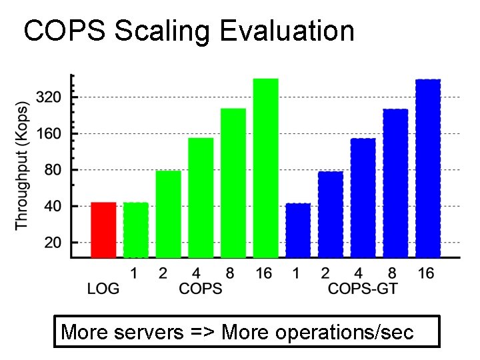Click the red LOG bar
(x=103, y=229)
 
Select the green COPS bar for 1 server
(x=136, y=229)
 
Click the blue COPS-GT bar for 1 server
(x=298, y=230)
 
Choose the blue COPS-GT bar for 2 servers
(x=331, y=214)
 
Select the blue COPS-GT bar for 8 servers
(x=395, y=183)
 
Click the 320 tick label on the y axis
(x=48, y=97)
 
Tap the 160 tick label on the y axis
(x=48, y=134)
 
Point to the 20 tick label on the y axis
(x=52, y=243)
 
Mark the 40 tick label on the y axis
(x=52, y=207)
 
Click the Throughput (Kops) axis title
(x=23, y=165)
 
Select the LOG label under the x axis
(x=103, y=289)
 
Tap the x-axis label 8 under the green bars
(x=230, y=273)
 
